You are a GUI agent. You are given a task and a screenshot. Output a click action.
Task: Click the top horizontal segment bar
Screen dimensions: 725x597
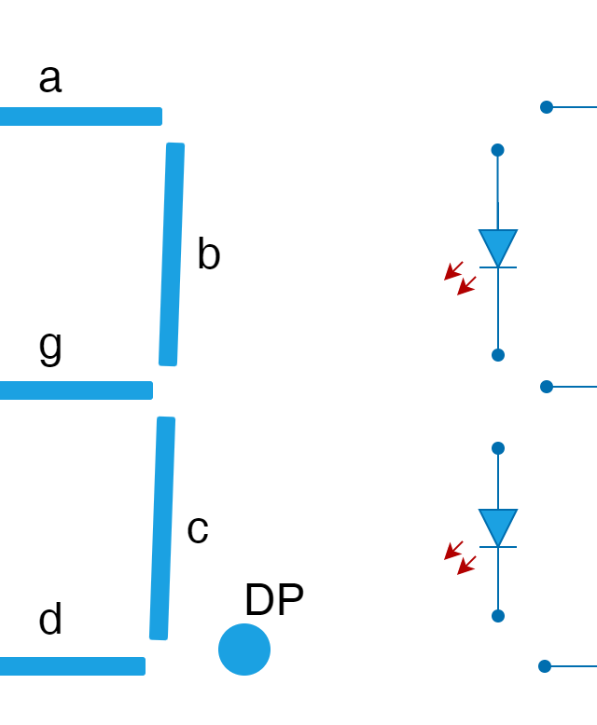pyautogui.click(x=80, y=116)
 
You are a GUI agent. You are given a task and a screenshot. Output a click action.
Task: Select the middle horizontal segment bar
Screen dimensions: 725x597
pyautogui.click(x=76, y=390)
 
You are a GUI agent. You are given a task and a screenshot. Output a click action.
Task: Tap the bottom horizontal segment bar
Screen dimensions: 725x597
pyautogui.click(x=72, y=666)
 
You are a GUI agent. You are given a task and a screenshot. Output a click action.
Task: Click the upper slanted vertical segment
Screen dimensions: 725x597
pyautogui.click(x=172, y=254)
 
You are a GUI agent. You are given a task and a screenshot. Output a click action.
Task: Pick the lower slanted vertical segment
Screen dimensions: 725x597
pyautogui.click(x=162, y=528)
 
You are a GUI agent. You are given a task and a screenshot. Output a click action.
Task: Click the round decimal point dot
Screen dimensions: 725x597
pyautogui.click(x=243, y=650)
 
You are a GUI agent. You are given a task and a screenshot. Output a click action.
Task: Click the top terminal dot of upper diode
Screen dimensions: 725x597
pyautogui.click(x=497, y=150)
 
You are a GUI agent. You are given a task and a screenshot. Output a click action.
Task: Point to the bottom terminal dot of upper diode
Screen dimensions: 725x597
pyautogui.click(x=497, y=355)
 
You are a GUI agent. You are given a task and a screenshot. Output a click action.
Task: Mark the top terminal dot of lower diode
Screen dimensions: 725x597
pyautogui.click(x=497, y=448)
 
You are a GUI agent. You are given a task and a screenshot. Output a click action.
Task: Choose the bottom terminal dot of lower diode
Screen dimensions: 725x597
pyautogui.click(x=497, y=616)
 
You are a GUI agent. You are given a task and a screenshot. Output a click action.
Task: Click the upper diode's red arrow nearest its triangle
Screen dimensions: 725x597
pyautogui.click(x=465, y=286)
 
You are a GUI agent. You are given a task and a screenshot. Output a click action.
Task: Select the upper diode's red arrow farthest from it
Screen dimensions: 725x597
pyautogui.click(x=452, y=271)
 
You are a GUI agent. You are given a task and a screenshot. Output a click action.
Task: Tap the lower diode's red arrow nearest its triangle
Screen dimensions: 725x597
pyautogui.click(x=465, y=566)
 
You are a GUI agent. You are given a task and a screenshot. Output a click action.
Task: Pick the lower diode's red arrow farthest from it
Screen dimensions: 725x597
pyautogui.click(x=452, y=551)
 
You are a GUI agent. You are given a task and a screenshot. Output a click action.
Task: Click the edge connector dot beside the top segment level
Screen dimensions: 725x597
pyautogui.click(x=546, y=107)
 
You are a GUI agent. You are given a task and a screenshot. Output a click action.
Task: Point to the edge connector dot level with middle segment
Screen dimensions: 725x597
pyautogui.click(x=546, y=387)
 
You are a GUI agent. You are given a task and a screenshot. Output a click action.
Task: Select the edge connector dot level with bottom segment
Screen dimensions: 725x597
pyautogui.click(x=544, y=666)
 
